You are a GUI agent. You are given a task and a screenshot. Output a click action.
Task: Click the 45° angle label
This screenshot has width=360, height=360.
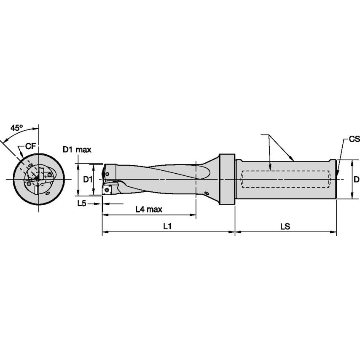pos(16,128)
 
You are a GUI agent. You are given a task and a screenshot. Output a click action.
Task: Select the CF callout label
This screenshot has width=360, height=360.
pos(30,146)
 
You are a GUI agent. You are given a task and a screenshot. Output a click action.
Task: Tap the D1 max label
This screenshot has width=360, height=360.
pos(77,149)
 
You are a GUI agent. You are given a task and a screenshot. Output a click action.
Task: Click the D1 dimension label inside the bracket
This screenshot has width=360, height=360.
pos(87,180)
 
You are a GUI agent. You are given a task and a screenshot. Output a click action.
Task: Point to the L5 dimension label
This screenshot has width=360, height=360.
pos(81,204)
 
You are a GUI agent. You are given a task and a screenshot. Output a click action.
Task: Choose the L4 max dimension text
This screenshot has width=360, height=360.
pos(149,209)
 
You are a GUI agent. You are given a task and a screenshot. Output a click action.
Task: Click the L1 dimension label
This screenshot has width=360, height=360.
pos(167,226)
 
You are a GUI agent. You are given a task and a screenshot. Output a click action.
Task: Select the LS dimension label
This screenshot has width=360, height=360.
pos(285,226)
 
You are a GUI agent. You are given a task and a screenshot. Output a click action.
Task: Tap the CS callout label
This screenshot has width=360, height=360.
pos(354,139)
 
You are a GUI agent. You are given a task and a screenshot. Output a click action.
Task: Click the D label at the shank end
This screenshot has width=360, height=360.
pos(356,180)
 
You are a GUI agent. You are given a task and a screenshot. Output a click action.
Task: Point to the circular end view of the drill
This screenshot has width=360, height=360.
pos(38,180)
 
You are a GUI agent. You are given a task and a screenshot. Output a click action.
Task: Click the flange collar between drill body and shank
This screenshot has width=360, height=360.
pos(226,180)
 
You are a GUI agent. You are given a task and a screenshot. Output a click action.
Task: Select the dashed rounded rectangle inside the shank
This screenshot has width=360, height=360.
pos(285,180)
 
